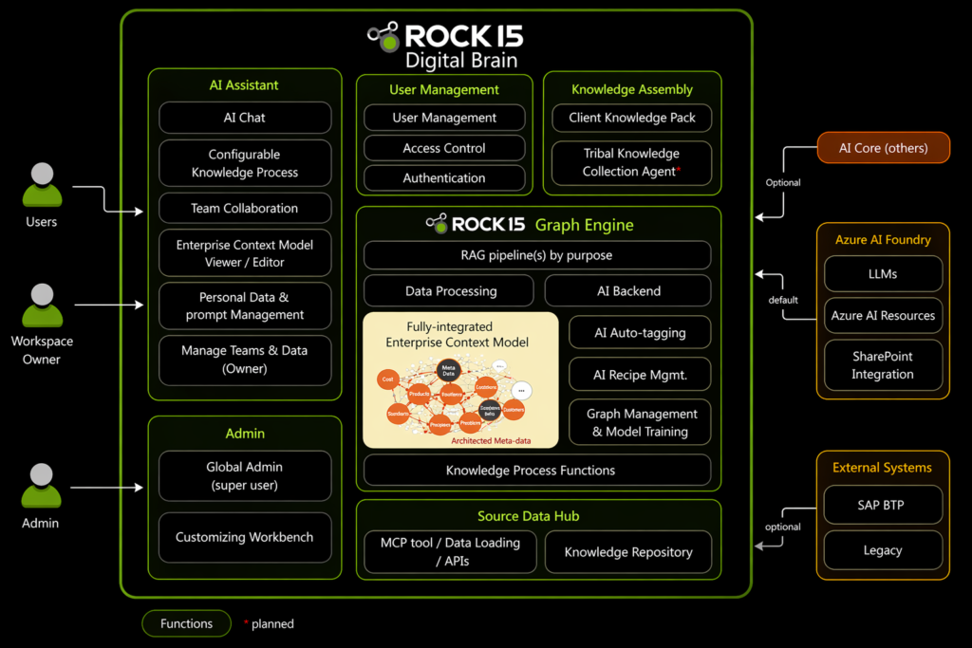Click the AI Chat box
(x=245, y=118)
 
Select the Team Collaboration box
(x=245, y=209)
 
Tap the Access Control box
(x=444, y=148)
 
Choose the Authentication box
(x=444, y=177)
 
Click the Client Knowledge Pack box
(x=632, y=118)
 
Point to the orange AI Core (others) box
(x=883, y=148)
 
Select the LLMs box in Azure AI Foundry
(x=883, y=274)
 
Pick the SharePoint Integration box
(x=883, y=365)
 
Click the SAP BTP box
(x=883, y=505)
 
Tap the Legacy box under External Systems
(x=883, y=550)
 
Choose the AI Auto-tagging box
(x=640, y=333)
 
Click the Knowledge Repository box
(x=628, y=552)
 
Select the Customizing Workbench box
(x=245, y=537)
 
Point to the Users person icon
(x=42, y=185)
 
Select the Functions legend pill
(x=187, y=623)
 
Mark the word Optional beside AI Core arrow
(x=783, y=182)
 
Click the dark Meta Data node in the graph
(x=448, y=370)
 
